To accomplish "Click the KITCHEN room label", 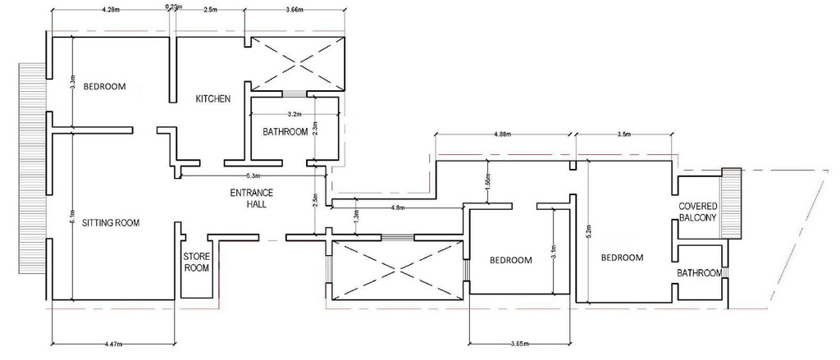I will click(212, 99).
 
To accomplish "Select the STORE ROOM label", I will click(195, 262).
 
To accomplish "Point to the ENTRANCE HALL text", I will click(250, 198).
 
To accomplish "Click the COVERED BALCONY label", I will click(697, 212).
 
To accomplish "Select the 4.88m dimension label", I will click(504, 133).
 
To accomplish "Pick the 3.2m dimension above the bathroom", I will click(295, 113).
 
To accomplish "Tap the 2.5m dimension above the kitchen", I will click(210, 10).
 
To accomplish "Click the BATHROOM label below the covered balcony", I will click(699, 273).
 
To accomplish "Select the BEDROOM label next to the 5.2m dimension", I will click(623, 257).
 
